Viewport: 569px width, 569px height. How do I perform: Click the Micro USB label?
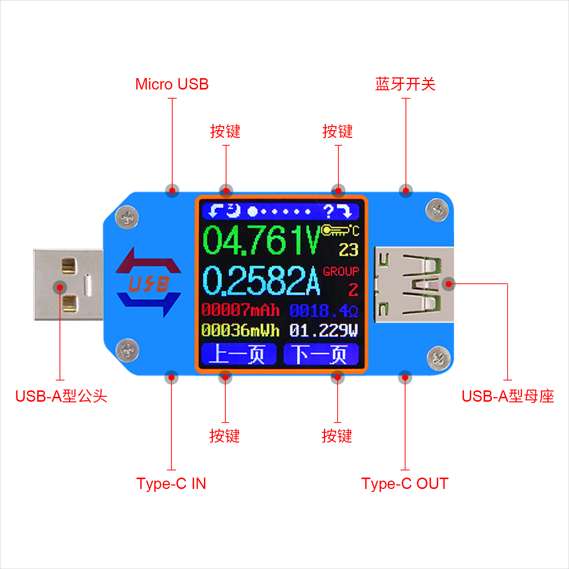[172, 84]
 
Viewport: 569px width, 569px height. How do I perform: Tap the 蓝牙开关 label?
[405, 84]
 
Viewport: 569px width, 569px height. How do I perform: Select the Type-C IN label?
[171, 484]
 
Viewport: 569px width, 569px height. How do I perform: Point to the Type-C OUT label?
[405, 484]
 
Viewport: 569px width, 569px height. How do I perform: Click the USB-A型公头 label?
[61, 396]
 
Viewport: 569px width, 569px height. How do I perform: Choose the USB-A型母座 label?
[508, 396]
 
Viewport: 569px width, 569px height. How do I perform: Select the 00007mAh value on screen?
[240, 310]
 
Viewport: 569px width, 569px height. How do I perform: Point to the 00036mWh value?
[240, 330]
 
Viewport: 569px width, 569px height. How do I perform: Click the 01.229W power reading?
[324, 330]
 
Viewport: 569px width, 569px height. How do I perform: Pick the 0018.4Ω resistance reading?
[324, 311]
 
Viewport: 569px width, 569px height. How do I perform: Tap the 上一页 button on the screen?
[239, 354]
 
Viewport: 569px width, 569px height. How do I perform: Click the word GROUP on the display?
[341, 272]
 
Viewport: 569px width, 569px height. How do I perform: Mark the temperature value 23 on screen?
[349, 250]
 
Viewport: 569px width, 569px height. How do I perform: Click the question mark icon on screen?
[329, 211]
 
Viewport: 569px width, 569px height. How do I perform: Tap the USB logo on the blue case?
[149, 283]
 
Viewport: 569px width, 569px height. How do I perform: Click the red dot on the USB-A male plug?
[60, 287]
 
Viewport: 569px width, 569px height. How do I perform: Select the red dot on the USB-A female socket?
[449, 283]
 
